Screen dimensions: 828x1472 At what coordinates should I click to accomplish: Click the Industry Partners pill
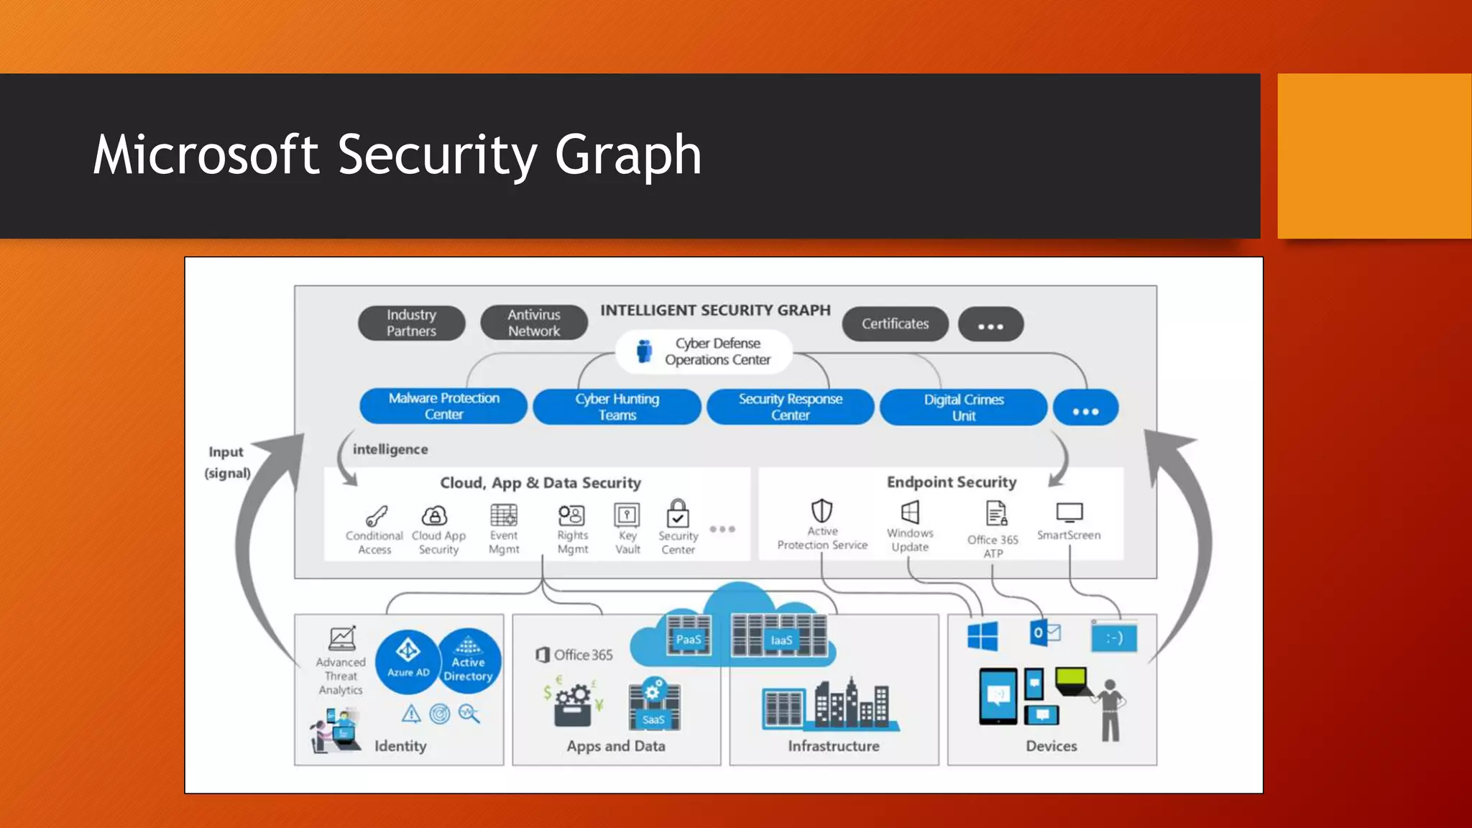coord(411,323)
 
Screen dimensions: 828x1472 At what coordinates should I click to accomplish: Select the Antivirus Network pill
coord(534,323)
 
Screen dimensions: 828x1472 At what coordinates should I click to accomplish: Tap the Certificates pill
coord(895,324)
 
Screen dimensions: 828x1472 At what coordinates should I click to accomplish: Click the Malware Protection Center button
coord(443,406)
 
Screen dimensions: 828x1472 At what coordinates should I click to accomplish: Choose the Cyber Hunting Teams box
coord(617,407)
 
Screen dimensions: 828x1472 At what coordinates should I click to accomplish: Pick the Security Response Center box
coord(790,407)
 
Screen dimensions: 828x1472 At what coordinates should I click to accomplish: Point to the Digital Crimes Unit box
coord(963,408)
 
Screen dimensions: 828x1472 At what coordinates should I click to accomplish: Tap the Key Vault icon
coord(627,515)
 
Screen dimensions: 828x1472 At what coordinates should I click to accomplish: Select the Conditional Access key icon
coord(376,516)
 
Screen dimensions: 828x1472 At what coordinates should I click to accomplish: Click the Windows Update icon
coord(910,512)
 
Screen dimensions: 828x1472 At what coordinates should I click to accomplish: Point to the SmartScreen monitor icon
coord(1069,513)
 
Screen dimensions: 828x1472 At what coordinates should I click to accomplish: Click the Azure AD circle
coord(408,661)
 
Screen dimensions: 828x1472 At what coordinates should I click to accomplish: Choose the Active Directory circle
coord(469,661)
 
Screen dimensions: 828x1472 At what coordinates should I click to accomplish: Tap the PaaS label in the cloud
coord(688,639)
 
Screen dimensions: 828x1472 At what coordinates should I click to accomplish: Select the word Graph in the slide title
coord(627,155)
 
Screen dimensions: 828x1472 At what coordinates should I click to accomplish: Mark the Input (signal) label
coord(228,462)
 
